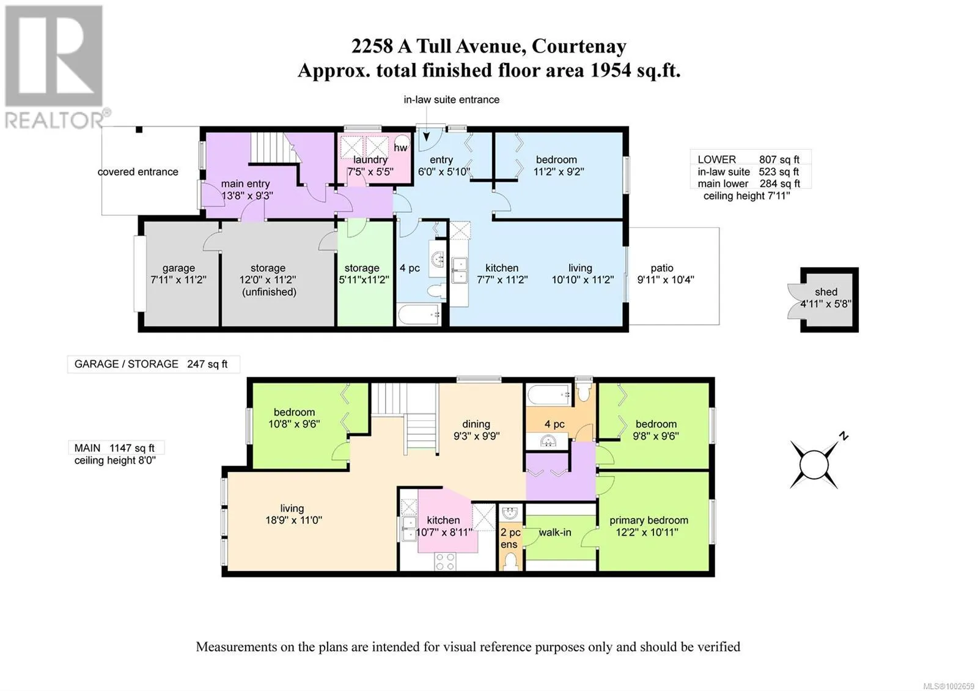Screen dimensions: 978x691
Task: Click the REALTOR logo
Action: point(54,68)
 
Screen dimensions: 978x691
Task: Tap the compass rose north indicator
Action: point(844,436)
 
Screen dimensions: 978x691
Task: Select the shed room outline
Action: point(829,300)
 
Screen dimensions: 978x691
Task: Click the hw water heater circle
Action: point(402,144)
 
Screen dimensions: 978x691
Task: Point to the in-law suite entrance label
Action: point(451,100)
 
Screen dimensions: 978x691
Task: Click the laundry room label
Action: point(370,160)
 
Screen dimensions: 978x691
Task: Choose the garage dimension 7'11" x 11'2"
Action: point(178,279)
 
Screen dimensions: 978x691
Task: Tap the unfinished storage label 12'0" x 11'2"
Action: point(268,279)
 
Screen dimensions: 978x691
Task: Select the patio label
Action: point(662,268)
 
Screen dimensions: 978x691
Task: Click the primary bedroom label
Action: point(649,520)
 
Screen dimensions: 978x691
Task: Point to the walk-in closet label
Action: point(554,533)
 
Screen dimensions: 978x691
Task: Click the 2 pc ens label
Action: point(510,539)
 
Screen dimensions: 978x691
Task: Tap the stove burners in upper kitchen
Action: point(445,561)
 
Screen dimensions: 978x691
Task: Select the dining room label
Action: point(476,424)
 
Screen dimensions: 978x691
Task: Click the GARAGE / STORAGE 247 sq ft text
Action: point(150,364)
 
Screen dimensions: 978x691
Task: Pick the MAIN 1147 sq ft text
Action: point(114,448)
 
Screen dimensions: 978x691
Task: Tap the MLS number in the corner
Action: point(948,686)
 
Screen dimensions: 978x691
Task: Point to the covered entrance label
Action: point(138,172)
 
